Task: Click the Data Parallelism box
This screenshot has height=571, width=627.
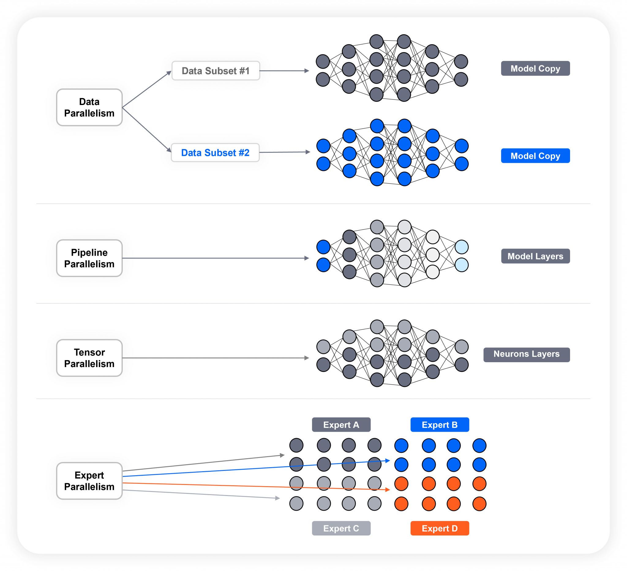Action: (x=89, y=107)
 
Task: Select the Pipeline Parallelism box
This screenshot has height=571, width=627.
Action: (x=89, y=258)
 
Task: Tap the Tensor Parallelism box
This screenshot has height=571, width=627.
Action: (x=89, y=358)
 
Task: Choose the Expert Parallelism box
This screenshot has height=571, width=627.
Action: (x=89, y=481)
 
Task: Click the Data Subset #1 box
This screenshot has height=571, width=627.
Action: (x=216, y=71)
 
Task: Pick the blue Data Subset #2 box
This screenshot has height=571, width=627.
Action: (x=215, y=153)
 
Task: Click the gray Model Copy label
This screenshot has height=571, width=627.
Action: (x=535, y=68)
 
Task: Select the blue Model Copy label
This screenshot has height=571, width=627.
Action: (x=535, y=156)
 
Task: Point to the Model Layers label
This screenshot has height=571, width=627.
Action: (x=535, y=256)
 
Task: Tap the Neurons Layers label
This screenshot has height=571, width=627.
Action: (x=526, y=354)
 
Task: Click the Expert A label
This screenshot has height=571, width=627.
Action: (x=341, y=425)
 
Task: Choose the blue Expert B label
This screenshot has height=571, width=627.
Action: (x=439, y=425)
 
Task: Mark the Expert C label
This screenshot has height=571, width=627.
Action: (x=341, y=528)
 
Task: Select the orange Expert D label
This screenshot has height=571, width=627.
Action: (x=439, y=528)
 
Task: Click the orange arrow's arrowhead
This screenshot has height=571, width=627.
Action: (x=388, y=490)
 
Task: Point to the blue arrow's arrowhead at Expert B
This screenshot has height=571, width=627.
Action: (x=388, y=460)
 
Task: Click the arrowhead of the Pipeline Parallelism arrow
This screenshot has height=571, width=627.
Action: (x=307, y=258)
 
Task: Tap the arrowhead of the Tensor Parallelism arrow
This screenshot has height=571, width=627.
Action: (x=307, y=358)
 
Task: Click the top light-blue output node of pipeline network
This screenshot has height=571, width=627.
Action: (x=462, y=247)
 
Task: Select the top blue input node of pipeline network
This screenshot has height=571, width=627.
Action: (x=323, y=247)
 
